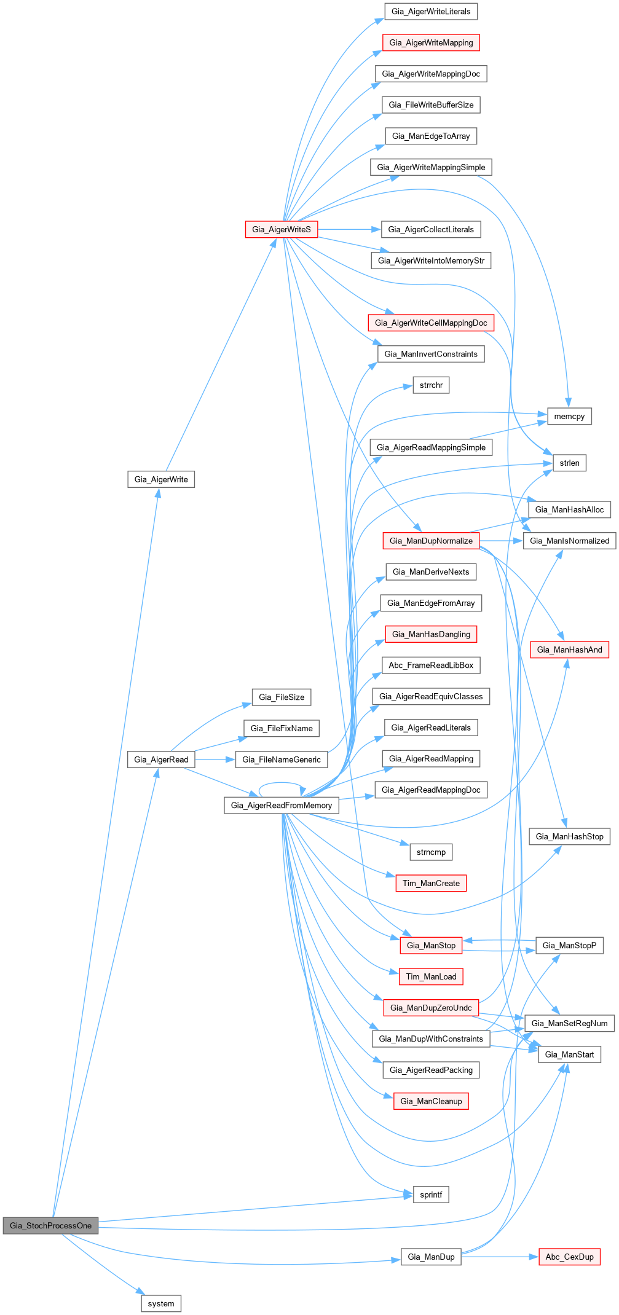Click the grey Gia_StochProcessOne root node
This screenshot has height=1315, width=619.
point(50,1225)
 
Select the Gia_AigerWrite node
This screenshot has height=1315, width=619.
point(161,479)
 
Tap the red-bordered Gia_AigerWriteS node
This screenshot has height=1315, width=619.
point(282,229)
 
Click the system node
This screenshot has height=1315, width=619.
point(161,1303)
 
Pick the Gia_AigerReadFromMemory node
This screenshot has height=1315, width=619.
point(282,805)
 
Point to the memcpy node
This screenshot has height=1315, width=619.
point(569,416)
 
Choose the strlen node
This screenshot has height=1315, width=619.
point(569,463)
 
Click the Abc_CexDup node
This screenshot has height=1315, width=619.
point(569,1257)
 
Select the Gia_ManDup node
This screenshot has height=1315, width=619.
point(431,1257)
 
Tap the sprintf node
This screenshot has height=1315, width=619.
point(431,1195)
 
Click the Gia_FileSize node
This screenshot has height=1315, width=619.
point(282,697)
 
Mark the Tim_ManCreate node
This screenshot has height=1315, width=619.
point(431,883)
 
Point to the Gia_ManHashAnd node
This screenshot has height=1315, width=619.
point(569,650)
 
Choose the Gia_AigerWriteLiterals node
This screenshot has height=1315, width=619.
point(431,11)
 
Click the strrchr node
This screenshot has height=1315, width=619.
point(431,385)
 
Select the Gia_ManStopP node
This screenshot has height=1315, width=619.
point(569,945)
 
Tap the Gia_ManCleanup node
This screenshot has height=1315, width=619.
point(431,1101)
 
